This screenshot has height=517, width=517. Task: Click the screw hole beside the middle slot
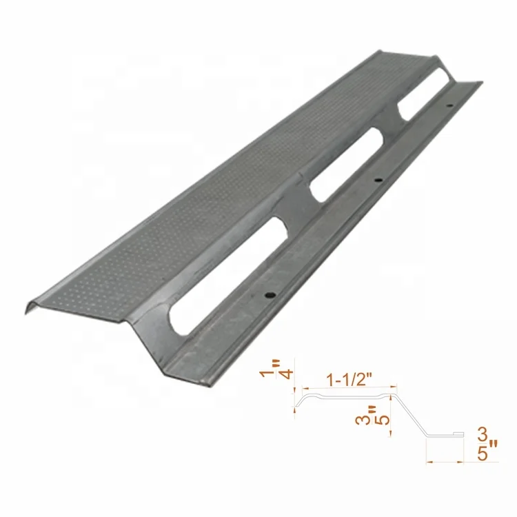tap(376, 181)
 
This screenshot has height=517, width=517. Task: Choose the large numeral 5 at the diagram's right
tap(484, 456)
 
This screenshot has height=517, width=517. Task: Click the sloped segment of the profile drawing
tap(409, 414)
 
